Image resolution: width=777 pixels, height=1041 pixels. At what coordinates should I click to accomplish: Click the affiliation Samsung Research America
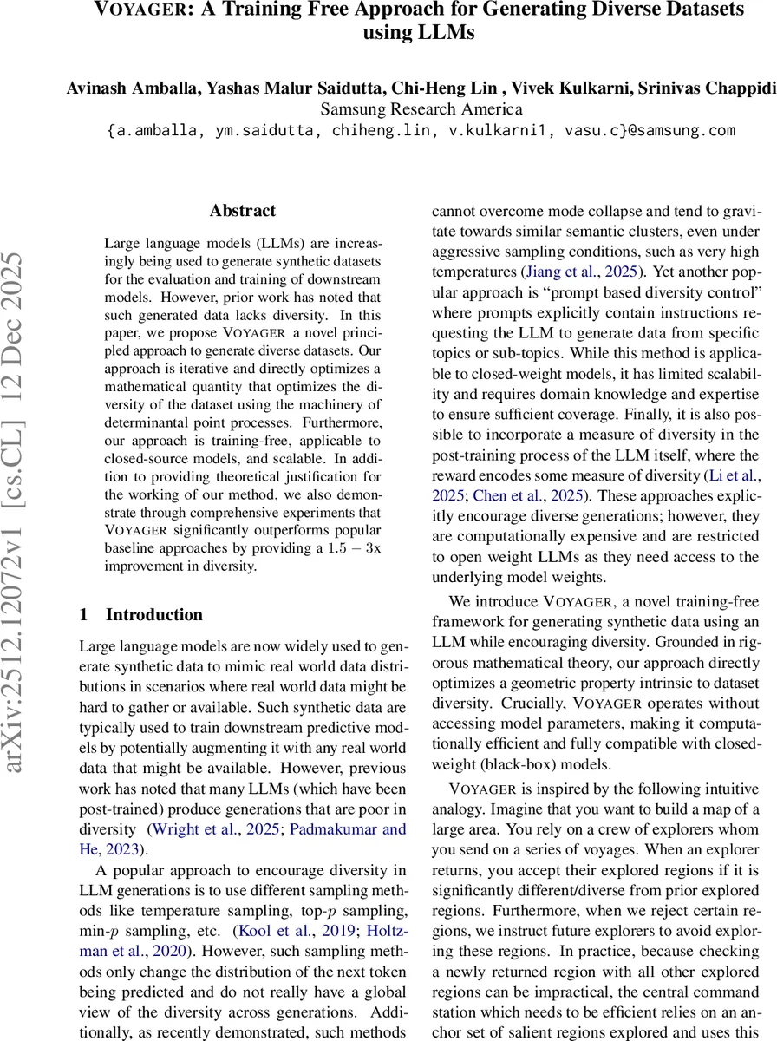coord(421,109)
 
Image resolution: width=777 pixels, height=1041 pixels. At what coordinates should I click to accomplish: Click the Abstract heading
coord(243,211)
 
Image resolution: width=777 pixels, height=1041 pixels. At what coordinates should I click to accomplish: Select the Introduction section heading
coord(153,615)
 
